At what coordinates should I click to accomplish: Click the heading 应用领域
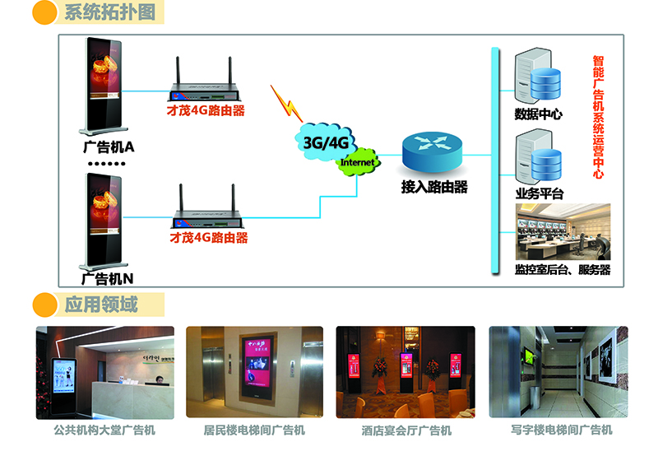[x=101, y=305]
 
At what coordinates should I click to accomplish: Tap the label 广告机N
[x=108, y=278]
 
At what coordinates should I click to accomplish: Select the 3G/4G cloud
[x=327, y=142]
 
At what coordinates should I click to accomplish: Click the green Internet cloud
[x=357, y=162]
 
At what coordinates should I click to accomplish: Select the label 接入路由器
[x=433, y=187]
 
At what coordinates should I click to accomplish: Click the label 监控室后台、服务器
[x=563, y=269]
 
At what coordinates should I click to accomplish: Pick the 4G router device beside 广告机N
[x=207, y=212]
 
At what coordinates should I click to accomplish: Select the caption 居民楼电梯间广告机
[x=254, y=430]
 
